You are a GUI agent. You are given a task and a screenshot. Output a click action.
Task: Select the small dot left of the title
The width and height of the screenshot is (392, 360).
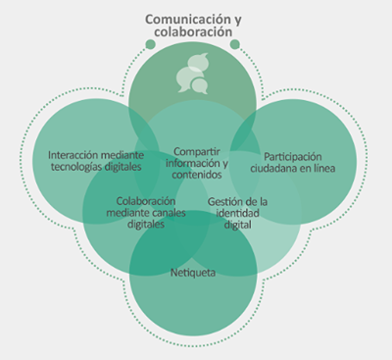[x=150, y=43]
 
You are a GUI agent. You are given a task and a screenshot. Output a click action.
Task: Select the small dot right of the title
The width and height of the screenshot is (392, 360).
[x=235, y=43]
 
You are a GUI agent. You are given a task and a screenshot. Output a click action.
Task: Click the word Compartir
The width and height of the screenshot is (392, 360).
[x=196, y=150]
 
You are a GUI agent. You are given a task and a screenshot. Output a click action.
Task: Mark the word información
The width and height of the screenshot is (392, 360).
[x=193, y=163]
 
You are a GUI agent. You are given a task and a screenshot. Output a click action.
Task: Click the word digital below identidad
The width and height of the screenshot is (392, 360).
[x=231, y=225]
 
